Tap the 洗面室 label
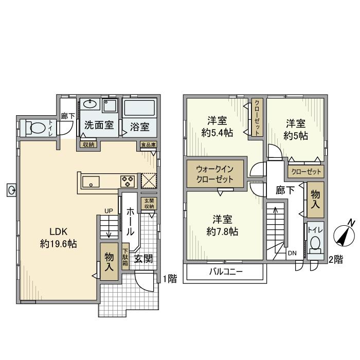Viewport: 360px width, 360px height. click(x=99, y=125)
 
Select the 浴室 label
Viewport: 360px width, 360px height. click(x=139, y=125)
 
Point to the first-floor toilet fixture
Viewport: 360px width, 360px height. click(x=37, y=128)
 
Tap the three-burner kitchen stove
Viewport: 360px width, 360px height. click(x=127, y=181)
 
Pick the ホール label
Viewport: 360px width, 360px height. click(x=131, y=222)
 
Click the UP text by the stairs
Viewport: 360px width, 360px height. click(x=109, y=211)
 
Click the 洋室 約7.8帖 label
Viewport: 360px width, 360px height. click(x=222, y=224)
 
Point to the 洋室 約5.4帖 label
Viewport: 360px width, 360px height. click(x=218, y=127)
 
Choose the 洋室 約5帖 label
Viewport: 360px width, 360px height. click(x=296, y=130)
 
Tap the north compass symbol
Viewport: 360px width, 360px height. click(x=344, y=235)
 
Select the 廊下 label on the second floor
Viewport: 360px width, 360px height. click(x=285, y=190)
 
